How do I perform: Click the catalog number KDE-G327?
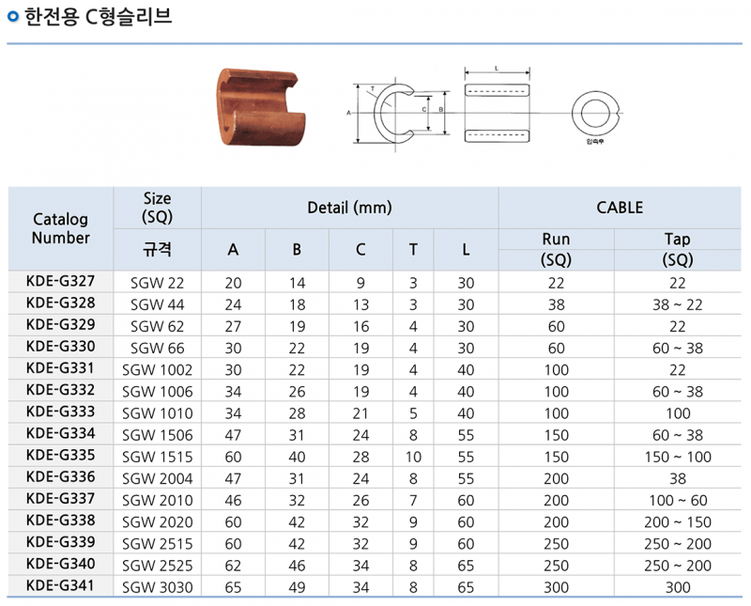click(60, 281)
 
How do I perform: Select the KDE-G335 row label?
click(60, 455)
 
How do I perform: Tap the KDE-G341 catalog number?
click(60, 585)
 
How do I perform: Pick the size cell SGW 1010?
click(157, 413)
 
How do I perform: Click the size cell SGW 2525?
click(157, 566)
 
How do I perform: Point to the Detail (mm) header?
click(349, 208)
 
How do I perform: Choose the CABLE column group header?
click(620, 208)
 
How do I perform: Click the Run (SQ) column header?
click(556, 249)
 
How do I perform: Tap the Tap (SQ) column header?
click(678, 249)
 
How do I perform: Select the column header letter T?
click(413, 250)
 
